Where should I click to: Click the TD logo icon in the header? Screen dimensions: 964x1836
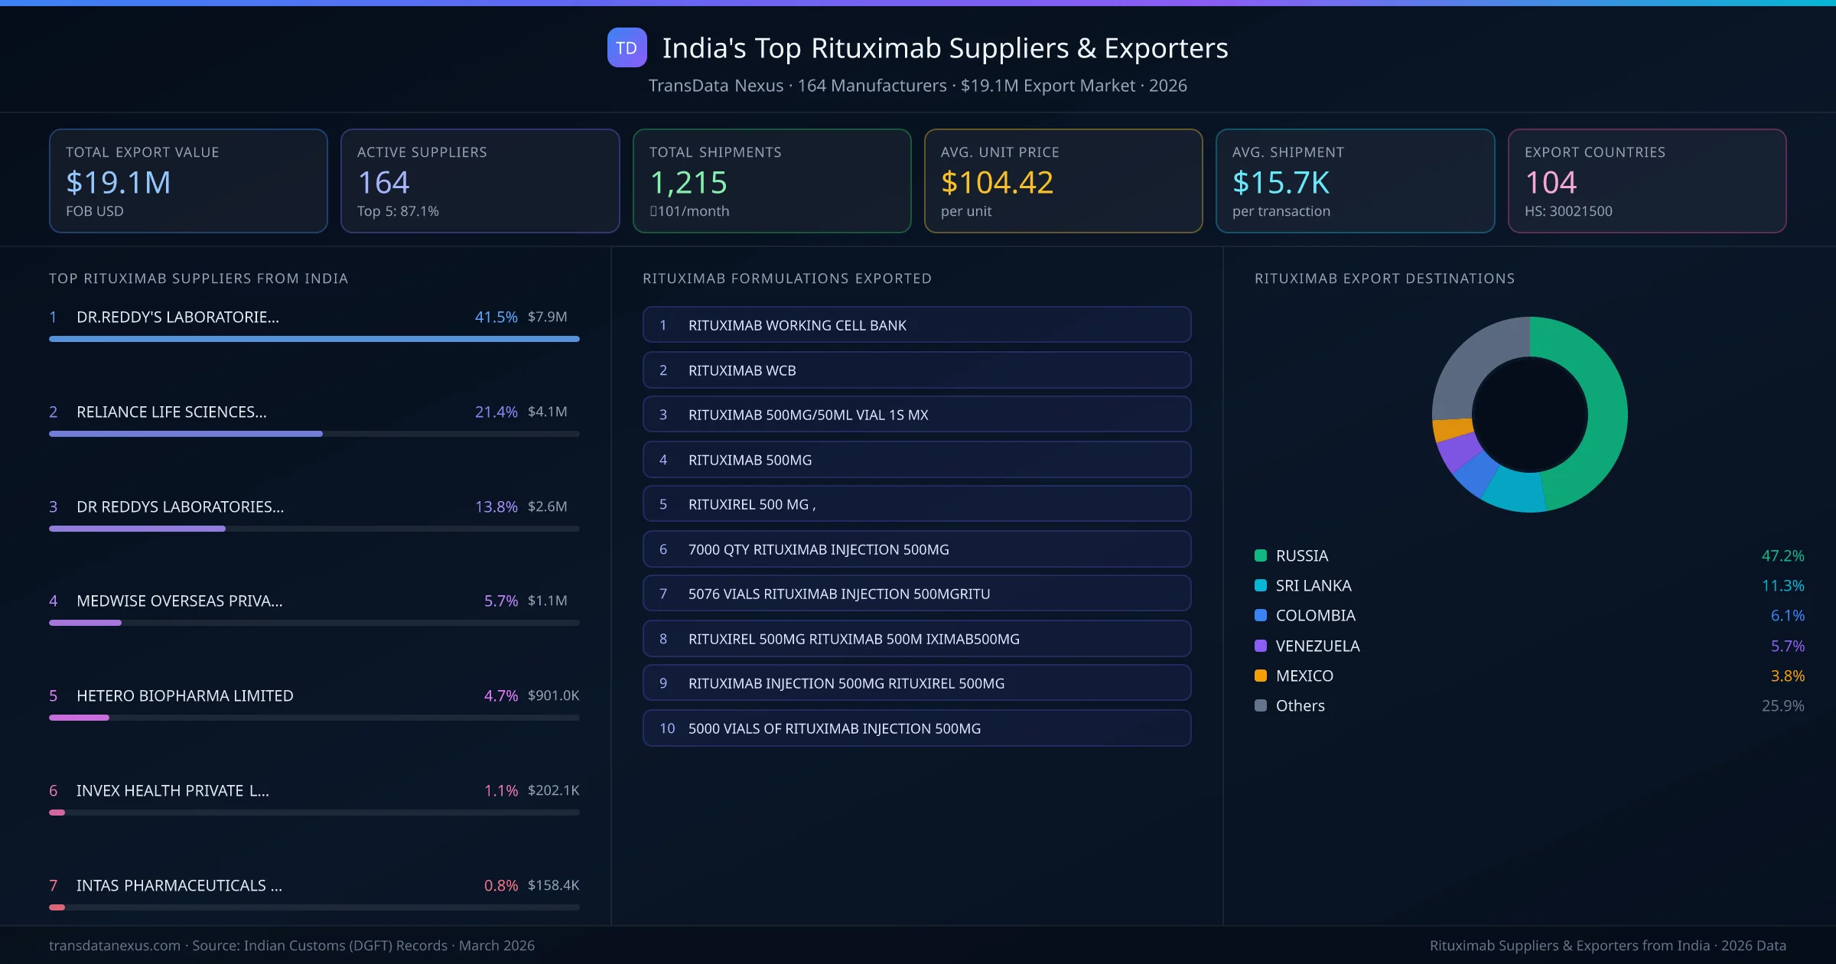(627, 47)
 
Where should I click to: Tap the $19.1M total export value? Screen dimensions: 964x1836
(119, 183)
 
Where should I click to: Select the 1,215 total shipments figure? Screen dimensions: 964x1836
(688, 183)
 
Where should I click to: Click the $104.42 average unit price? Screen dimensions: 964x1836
(997, 183)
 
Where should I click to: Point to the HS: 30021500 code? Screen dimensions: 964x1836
(1568, 211)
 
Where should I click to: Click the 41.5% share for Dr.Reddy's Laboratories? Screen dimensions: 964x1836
(496, 317)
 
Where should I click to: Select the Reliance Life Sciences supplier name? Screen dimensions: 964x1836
(171, 412)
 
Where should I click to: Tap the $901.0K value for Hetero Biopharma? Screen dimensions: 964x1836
(553, 695)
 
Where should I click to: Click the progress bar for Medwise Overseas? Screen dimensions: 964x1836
(314, 623)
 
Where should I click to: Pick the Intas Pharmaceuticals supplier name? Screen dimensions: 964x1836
(179, 885)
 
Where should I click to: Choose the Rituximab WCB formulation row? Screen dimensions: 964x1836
(916, 370)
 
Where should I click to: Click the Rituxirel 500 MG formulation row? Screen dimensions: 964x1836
(916, 504)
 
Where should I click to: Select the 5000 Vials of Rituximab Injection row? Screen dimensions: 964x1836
(916, 728)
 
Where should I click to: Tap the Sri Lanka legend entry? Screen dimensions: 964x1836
(1313, 586)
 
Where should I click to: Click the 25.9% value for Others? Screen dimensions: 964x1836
(1782, 706)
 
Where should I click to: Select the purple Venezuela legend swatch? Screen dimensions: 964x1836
(1261, 646)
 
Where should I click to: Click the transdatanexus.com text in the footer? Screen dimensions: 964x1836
(115, 946)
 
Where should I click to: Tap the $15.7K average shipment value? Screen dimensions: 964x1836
(1281, 183)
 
